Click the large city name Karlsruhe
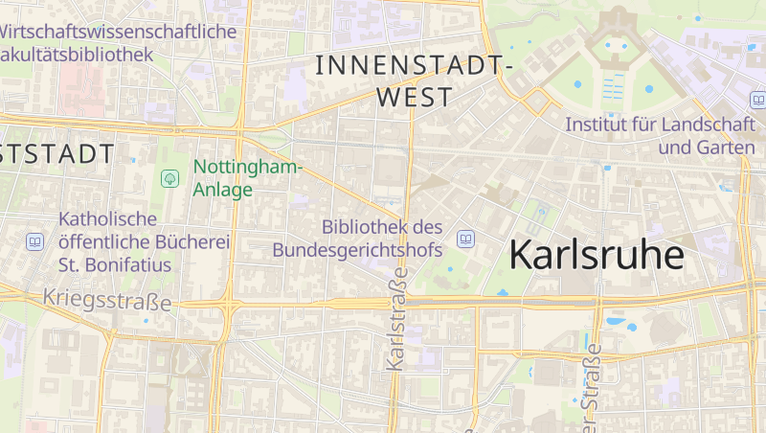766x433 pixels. (x=597, y=255)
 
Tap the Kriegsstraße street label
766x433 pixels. (x=107, y=300)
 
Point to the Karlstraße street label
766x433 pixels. (x=397, y=319)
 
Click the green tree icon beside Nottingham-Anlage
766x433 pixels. (x=170, y=178)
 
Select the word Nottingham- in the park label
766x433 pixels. (x=248, y=168)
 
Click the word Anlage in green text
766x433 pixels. (x=223, y=190)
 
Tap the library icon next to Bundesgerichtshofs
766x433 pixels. (x=465, y=239)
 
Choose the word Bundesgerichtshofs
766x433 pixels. (x=357, y=250)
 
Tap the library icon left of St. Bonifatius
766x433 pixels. (x=35, y=241)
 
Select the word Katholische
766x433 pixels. (x=107, y=219)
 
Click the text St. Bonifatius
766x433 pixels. (x=115, y=264)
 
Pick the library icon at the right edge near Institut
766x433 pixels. (x=757, y=100)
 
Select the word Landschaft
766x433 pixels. (x=707, y=125)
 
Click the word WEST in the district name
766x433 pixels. (x=415, y=98)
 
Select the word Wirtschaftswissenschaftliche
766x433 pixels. (x=118, y=32)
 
